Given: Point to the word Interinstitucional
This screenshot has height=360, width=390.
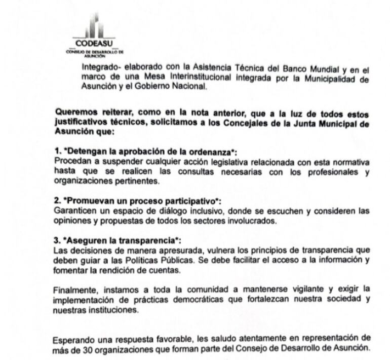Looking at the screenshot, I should pyautogui.click(x=184, y=77).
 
